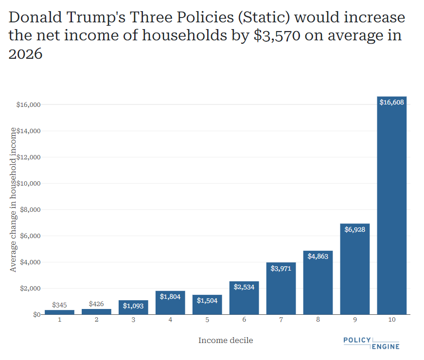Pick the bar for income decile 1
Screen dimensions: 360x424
click(x=59, y=312)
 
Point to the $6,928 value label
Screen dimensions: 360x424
click(x=355, y=230)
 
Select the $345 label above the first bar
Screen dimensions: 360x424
click(x=59, y=305)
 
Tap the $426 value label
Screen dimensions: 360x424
click(x=96, y=304)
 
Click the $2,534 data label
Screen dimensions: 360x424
click(x=244, y=287)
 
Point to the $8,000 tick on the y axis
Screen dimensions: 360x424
click(x=30, y=210)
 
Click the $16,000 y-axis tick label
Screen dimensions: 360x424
click(x=28, y=105)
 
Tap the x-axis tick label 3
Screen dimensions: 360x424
click(x=133, y=320)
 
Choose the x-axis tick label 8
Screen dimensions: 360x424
click(x=318, y=320)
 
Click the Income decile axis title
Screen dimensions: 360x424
click(x=226, y=340)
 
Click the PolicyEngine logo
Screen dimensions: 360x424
click(x=371, y=343)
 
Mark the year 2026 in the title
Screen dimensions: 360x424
click(x=26, y=54)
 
